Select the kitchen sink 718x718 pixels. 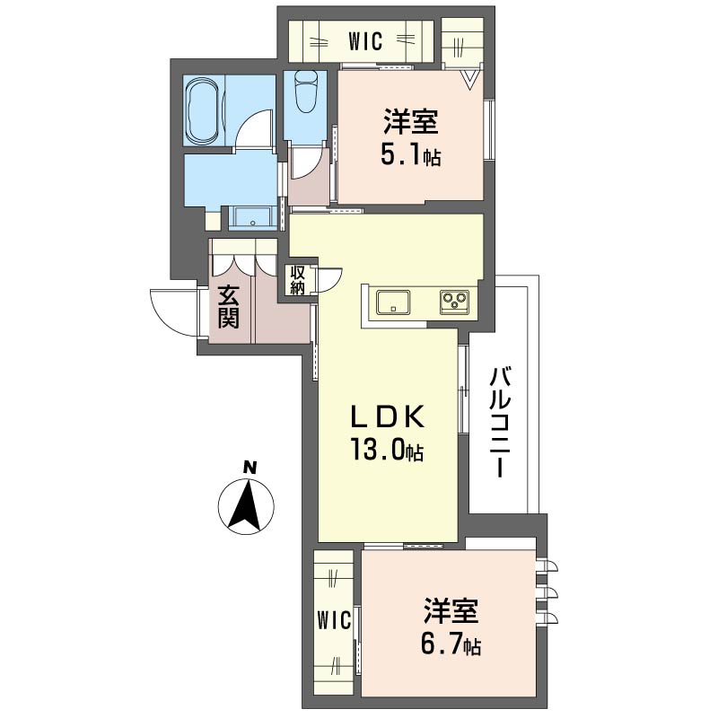[393, 302]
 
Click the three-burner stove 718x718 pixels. [454, 302]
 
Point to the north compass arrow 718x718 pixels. [246, 505]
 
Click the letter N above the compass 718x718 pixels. [250, 468]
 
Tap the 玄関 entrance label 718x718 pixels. [228, 307]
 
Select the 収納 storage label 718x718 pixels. [297, 280]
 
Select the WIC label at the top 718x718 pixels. [365, 41]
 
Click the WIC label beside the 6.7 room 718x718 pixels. [334, 620]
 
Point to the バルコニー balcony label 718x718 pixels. [501, 422]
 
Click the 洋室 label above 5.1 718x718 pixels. [411, 122]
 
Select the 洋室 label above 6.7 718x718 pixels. [451, 611]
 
